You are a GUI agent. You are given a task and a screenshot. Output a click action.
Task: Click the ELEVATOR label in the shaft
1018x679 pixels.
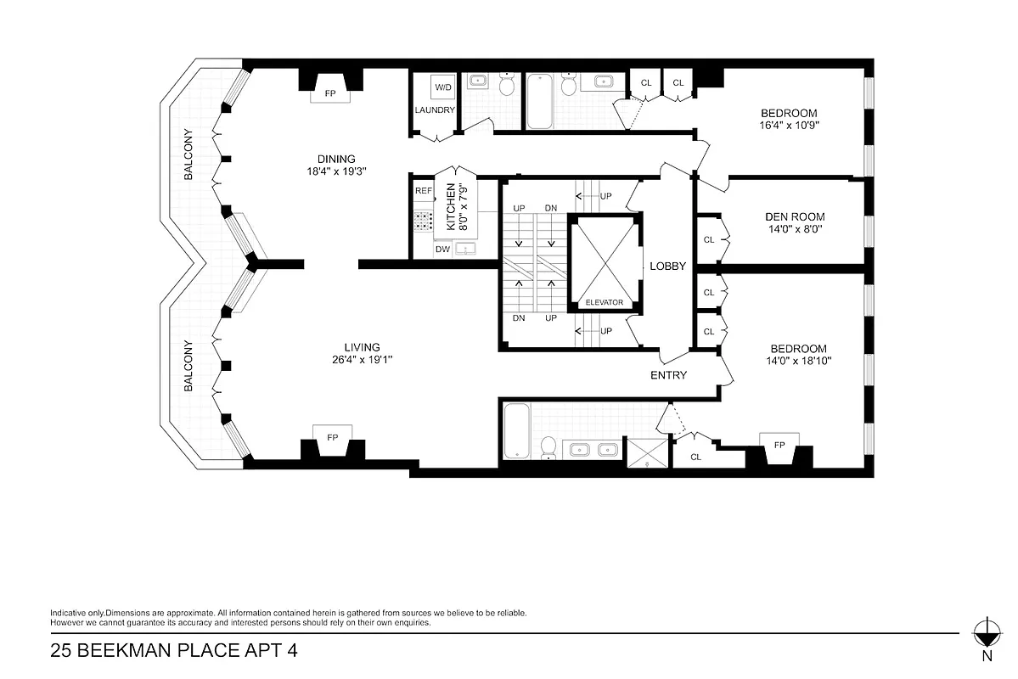point(605,303)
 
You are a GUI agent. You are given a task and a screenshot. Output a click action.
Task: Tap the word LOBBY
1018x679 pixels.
point(667,267)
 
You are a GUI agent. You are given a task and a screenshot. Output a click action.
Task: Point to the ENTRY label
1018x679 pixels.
point(668,375)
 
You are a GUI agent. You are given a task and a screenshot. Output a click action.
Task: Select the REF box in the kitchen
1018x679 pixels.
point(423,192)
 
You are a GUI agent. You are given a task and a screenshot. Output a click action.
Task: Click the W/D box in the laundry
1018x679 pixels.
point(443,87)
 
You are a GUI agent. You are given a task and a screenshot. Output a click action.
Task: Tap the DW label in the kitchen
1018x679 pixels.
point(442,250)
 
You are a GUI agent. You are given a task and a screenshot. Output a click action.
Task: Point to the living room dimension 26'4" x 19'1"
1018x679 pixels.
point(362,353)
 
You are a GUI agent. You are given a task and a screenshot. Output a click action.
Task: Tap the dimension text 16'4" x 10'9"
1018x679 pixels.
point(789,125)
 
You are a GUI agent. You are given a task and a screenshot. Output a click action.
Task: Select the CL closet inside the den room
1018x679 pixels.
point(709,240)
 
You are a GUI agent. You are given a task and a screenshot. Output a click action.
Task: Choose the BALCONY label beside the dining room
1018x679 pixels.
point(188,155)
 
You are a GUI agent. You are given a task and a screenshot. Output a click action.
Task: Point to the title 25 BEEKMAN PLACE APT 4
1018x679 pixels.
point(174,652)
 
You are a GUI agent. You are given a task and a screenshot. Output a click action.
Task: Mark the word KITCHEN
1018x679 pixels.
point(451,208)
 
